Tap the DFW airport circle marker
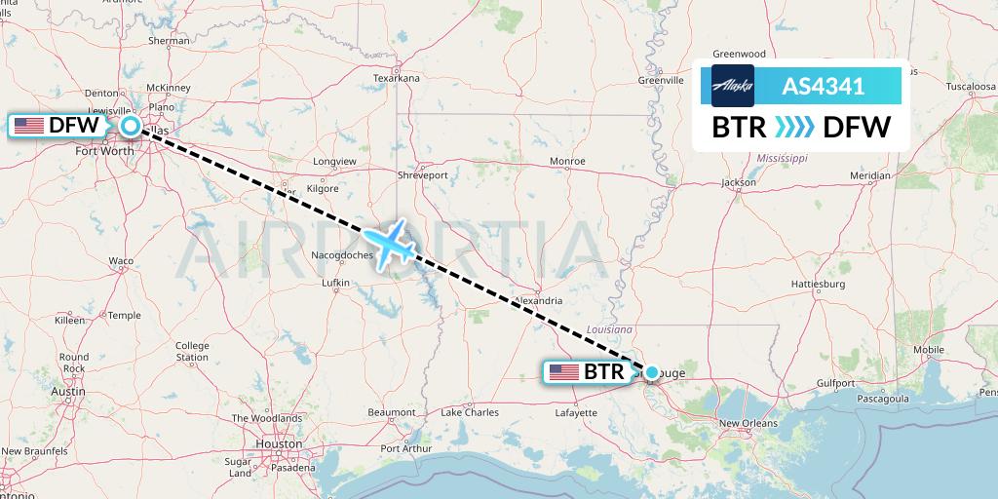pos(130,125)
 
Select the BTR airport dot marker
pos(651,371)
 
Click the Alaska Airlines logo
pos(733,86)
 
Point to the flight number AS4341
pos(824,86)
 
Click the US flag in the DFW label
pos(29,125)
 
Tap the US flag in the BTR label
pos(564,371)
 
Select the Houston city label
pos(279,442)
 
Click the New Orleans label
pos(748,423)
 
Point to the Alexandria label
pos(537,301)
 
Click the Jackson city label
pos(739,182)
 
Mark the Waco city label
pos(121,261)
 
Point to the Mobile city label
pos(929,349)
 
